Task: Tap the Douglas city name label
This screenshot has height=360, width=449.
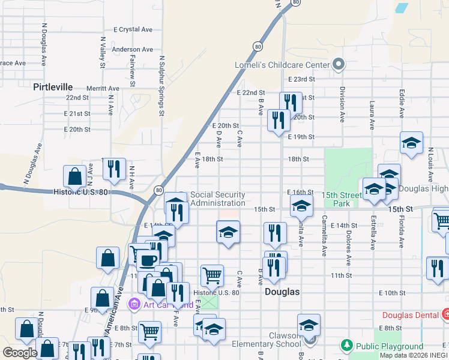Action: point(282,292)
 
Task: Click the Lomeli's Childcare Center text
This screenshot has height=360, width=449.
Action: point(282,65)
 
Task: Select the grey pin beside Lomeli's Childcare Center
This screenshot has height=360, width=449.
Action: point(338,64)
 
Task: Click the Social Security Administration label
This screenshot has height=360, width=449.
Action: point(217,199)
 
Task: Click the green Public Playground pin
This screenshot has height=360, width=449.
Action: point(346,346)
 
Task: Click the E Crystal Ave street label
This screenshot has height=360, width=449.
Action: point(133,29)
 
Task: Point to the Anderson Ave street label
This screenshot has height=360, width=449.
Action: point(133,50)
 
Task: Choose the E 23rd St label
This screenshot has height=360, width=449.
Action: point(301,79)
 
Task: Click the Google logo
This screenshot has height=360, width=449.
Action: point(20,353)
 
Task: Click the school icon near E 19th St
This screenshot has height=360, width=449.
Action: point(411,143)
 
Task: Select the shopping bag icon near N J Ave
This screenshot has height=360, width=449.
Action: point(75,176)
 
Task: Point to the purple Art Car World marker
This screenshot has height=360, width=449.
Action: point(134,304)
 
